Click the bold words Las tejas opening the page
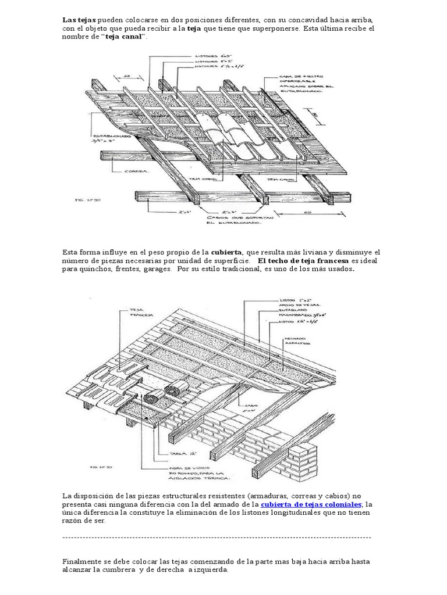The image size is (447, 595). pos(76,20)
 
